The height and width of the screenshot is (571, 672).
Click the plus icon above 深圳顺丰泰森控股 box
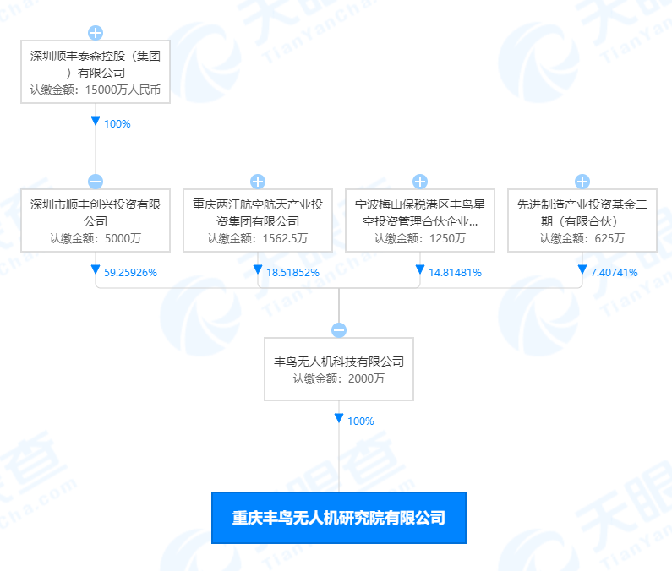tap(96, 33)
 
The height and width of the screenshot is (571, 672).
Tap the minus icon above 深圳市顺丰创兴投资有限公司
tap(96, 182)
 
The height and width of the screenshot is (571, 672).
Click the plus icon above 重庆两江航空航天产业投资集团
tap(258, 182)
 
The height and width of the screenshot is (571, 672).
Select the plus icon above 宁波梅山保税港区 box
tap(420, 182)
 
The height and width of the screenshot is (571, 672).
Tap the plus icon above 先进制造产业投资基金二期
tap(582, 182)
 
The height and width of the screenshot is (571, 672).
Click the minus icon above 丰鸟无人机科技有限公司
tap(339, 330)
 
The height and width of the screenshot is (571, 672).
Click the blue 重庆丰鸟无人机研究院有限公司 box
tap(339, 518)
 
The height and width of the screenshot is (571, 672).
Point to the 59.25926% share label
tap(130, 272)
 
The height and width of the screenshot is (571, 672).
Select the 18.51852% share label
tap(292, 272)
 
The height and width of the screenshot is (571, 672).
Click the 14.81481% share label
tap(455, 272)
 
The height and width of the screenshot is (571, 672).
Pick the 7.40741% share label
tap(614, 272)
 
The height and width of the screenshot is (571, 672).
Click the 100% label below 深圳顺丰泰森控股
tap(117, 123)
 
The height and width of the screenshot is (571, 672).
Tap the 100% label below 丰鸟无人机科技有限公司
tap(360, 421)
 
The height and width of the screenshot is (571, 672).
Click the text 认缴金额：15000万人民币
tap(96, 89)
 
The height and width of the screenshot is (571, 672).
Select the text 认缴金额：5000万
tap(96, 238)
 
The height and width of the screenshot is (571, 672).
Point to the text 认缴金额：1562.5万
tap(258, 238)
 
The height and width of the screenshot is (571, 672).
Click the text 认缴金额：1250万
tap(420, 238)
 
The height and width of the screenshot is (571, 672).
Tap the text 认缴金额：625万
tap(582, 238)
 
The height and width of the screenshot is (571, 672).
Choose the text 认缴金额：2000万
tap(339, 378)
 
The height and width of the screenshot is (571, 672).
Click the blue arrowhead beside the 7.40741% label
tap(582, 269)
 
